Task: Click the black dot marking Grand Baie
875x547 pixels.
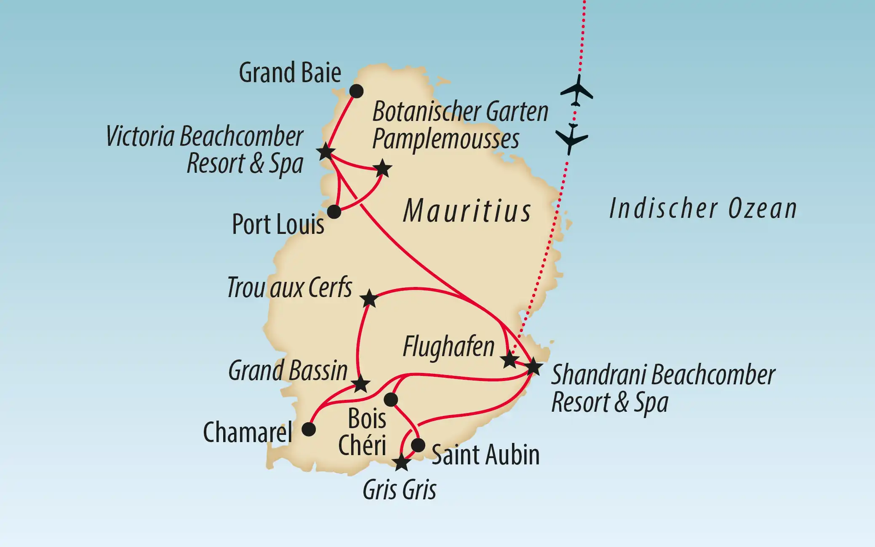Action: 356,91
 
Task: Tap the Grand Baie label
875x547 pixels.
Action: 290,73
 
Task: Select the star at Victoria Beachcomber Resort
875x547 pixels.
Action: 326,152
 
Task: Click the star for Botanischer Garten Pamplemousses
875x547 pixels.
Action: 383,168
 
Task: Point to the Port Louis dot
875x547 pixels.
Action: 334,211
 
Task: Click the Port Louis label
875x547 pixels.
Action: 278,224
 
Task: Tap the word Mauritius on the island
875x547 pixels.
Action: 467,211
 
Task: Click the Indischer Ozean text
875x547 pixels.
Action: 703,209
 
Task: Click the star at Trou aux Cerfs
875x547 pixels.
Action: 369,298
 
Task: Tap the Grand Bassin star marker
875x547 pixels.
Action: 361,384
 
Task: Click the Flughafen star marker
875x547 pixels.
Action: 510,359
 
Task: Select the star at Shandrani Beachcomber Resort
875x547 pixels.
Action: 533,366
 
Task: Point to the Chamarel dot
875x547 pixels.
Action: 309,429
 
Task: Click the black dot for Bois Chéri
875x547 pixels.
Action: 391,399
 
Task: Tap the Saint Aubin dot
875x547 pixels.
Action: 418,445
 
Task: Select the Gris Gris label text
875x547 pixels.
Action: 399,490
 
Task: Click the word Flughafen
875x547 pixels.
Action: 448,347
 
